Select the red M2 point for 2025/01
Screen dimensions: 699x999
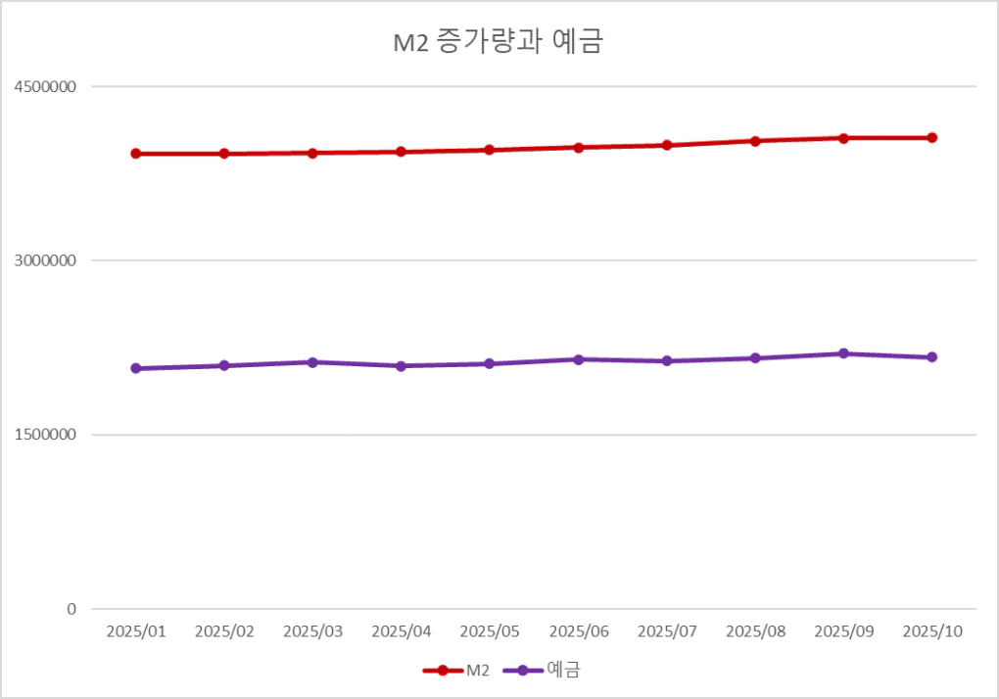pos(136,154)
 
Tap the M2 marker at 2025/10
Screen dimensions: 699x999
pos(932,138)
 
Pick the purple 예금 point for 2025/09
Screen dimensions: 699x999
pos(843,353)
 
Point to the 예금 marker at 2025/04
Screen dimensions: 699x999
pos(402,366)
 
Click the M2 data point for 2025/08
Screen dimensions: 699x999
pos(755,141)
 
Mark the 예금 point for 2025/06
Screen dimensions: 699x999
pos(579,359)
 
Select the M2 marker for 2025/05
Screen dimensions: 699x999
pos(490,150)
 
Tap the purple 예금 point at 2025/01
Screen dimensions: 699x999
pos(136,368)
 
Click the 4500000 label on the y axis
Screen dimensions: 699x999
pos(45,86)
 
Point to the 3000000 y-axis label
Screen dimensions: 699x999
pos(45,260)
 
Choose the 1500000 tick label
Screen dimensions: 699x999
pos(45,435)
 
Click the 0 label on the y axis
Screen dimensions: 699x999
pos(71,609)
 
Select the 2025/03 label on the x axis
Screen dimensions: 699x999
pos(312,631)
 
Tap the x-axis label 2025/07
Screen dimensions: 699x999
pos(667,631)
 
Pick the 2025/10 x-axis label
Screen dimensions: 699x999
pos(932,631)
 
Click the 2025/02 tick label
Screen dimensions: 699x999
pos(224,631)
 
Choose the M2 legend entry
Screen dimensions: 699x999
pos(456,671)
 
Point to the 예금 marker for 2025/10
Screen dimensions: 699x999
pos(932,357)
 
